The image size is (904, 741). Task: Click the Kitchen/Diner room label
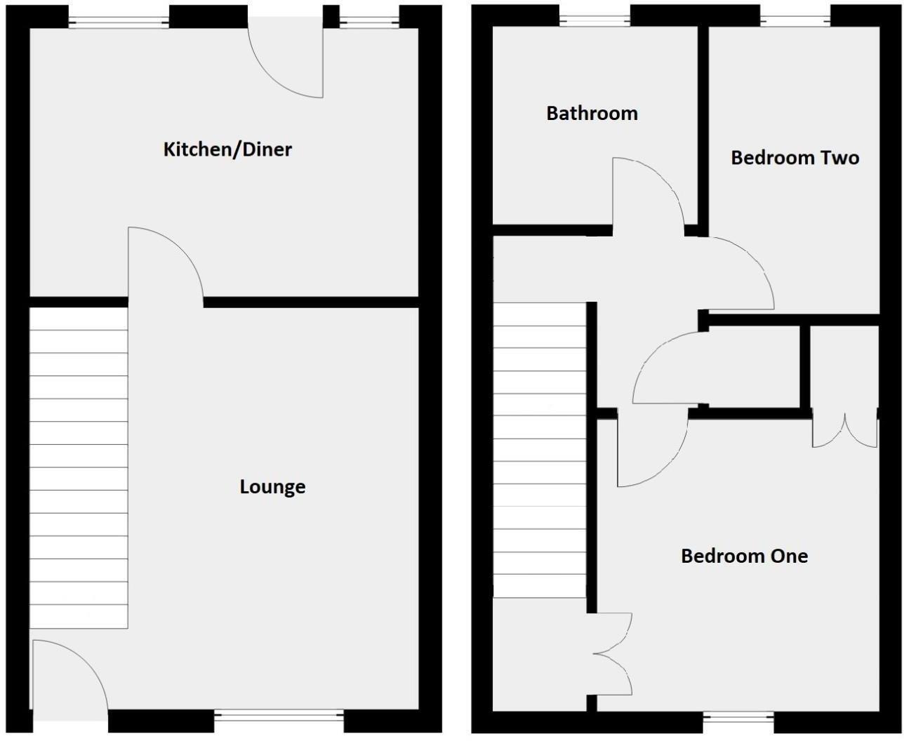click(x=227, y=149)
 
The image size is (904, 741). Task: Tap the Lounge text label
click(x=272, y=487)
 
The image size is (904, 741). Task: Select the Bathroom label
click(x=592, y=114)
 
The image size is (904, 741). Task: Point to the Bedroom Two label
click(x=795, y=158)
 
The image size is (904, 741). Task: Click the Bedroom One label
click(x=744, y=556)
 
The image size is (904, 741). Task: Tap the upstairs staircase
click(x=539, y=449)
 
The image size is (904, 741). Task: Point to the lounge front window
click(x=279, y=717)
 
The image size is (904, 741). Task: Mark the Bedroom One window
click(x=738, y=717)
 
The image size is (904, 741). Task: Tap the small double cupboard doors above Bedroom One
click(x=844, y=431)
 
